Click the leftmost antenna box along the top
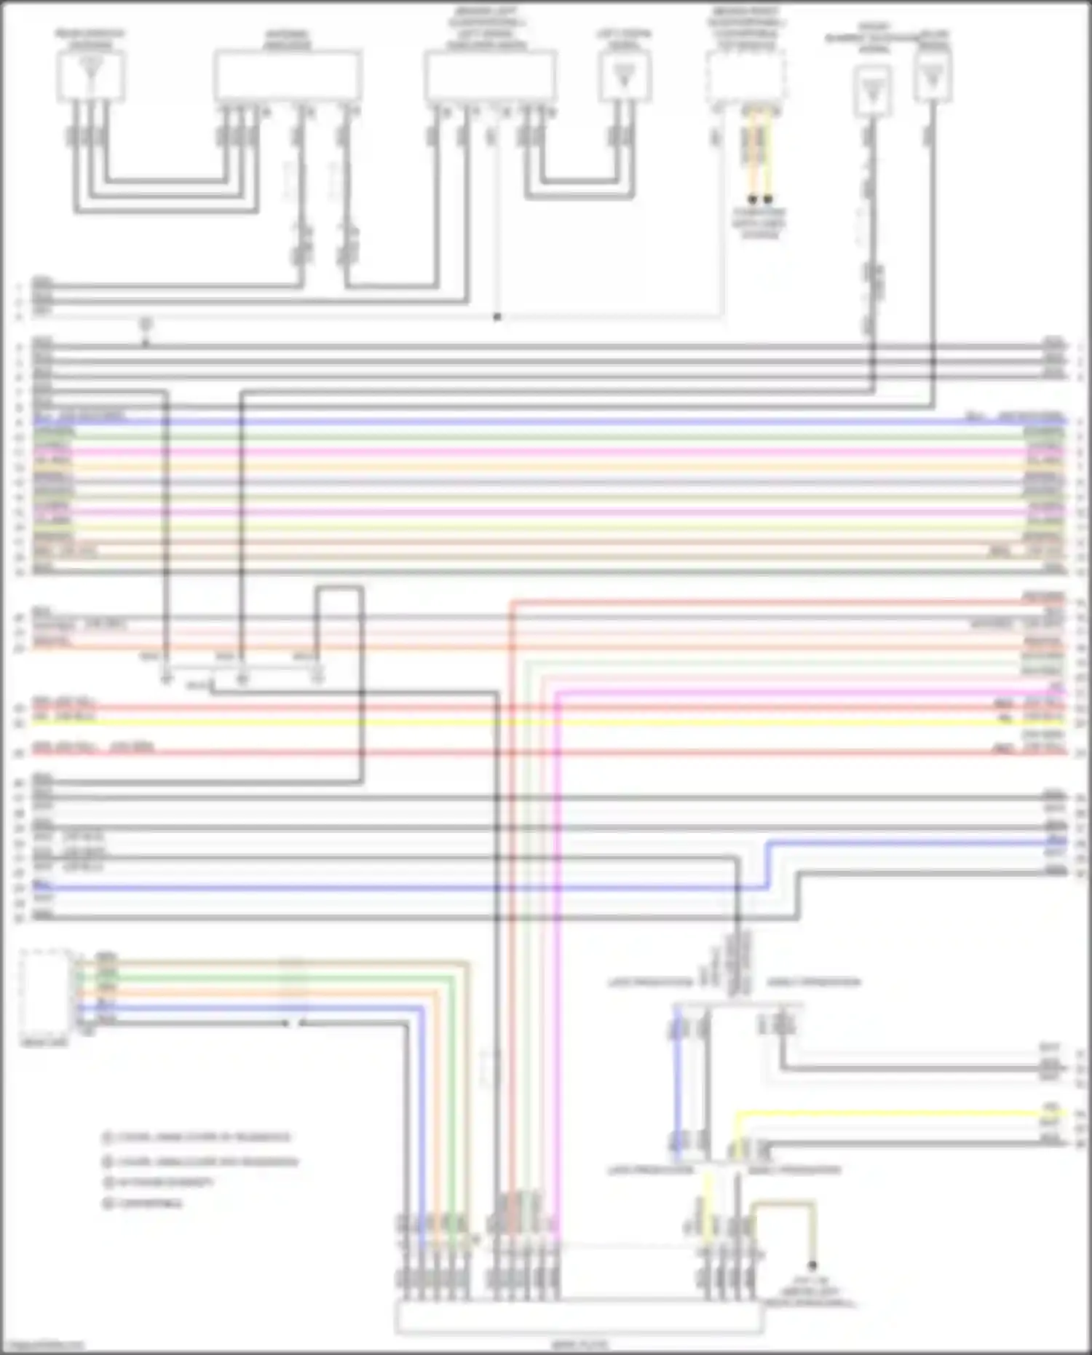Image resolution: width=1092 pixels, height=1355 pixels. pos(90,74)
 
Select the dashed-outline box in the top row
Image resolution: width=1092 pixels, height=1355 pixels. pos(745,76)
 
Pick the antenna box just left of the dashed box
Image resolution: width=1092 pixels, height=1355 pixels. pos(625,76)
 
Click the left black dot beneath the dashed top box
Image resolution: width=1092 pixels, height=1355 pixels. pos(753,199)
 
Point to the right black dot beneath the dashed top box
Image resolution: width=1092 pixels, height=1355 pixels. pos(768,199)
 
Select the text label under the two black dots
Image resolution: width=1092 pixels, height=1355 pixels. pos(759,224)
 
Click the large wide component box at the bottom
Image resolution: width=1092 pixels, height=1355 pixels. pos(579,1318)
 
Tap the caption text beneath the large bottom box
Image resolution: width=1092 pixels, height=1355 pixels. pos(579,1344)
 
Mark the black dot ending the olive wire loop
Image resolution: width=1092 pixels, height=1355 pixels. pos(812,1265)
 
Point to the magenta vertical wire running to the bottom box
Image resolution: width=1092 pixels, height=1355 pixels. pos(558,947)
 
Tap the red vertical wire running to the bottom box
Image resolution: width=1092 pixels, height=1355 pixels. pos(512,947)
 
